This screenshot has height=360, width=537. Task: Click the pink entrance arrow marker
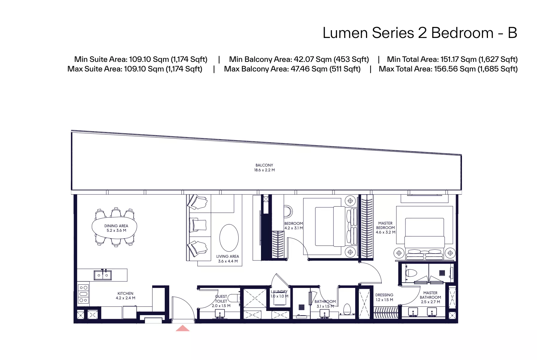tap(182, 328)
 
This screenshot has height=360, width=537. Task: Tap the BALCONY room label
tap(264, 165)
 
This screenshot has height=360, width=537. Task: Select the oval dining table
tap(114, 228)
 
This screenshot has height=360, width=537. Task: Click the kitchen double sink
tap(103, 275)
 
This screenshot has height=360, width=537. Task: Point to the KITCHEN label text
tap(125, 293)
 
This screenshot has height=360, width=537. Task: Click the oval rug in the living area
tap(229, 238)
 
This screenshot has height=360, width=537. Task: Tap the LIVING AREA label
tap(228, 256)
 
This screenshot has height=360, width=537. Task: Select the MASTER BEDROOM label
tap(385, 225)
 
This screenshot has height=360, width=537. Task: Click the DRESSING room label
tap(384, 295)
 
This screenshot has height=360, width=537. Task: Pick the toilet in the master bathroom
tap(411, 273)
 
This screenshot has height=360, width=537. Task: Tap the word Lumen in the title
tap(345, 33)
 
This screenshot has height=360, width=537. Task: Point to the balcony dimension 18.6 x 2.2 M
tap(264, 170)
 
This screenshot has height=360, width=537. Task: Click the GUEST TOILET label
tap(221, 299)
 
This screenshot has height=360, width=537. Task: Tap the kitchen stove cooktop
tap(83, 294)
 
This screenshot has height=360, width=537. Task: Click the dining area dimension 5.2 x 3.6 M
tap(116, 230)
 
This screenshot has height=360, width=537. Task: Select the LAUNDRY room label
tap(279, 292)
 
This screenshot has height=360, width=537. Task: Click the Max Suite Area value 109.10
tap(135, 69)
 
